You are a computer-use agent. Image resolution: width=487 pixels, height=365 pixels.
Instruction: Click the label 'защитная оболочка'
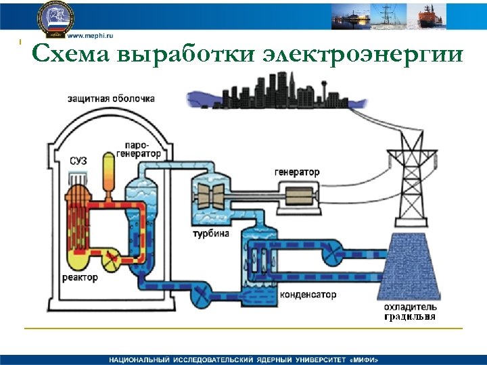click(x=110, y=98)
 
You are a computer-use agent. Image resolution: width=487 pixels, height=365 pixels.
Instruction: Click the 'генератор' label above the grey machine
click(x=297, y=172)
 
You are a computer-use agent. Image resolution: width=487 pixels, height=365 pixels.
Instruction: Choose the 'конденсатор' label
click(x=308, y=295)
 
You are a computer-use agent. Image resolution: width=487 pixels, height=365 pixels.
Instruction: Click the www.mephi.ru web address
click(x=90, y=34)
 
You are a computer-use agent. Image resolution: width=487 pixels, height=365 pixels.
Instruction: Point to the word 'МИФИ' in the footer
click(x=362, y=359)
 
